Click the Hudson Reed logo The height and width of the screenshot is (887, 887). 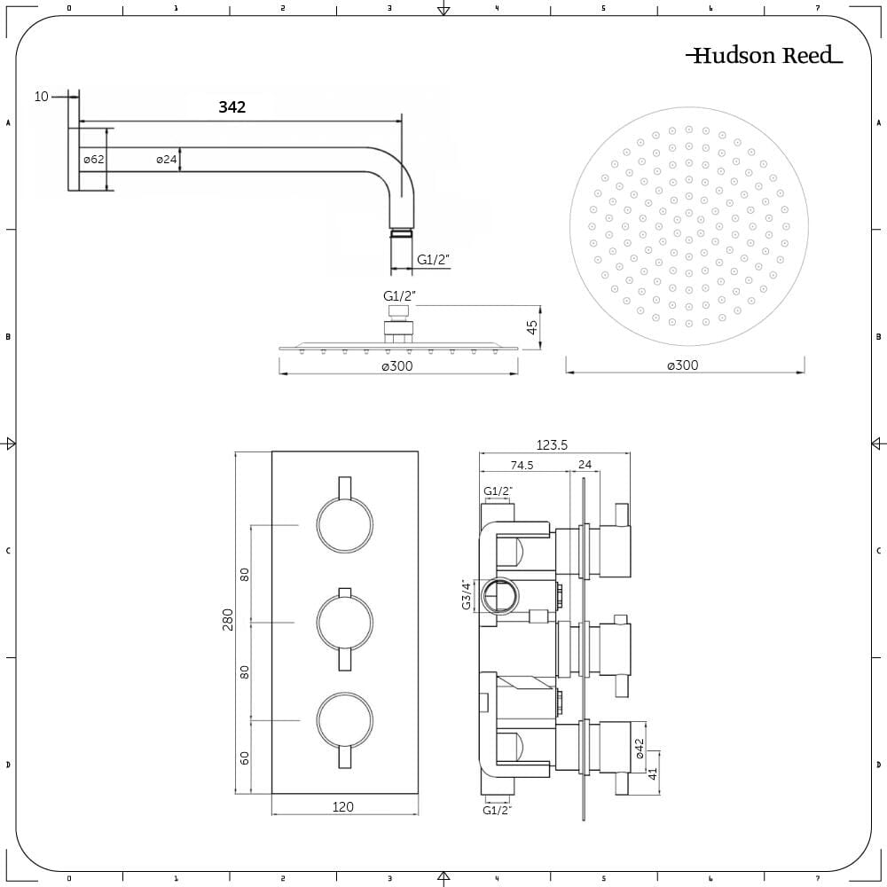[x=764, y=56]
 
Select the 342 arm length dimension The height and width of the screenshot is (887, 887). [x=232, y=107]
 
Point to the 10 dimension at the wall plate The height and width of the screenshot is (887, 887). [x=42, y=97]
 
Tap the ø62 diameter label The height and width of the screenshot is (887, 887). [x=95, y=160]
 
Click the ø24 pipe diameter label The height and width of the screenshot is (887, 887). [x=168, y=160]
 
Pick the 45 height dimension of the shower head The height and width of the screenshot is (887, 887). [x=532, y=326]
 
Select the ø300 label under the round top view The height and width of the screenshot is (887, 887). [x=684, y=365]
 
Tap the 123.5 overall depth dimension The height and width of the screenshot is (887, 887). [x=552, y=445]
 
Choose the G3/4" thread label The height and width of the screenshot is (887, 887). [x=465, y=594]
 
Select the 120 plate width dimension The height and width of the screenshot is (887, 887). [x=343, y=806]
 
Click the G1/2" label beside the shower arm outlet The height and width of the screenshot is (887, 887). [x=434, y=260]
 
